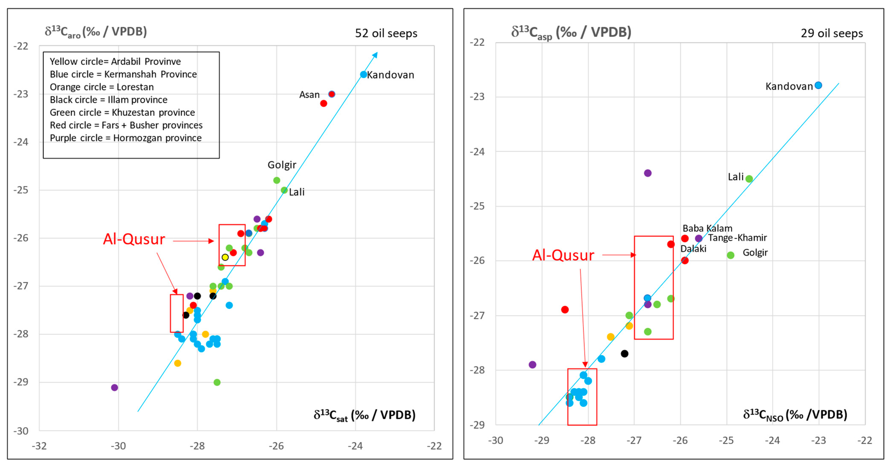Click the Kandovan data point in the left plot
(x=363, y=74)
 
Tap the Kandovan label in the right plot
(x=789, y=86)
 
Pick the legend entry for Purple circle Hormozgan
(x=125, y=138)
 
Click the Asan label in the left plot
(x=309, y=95)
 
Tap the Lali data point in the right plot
(x=749, y=179)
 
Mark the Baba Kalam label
(x=707, y=228)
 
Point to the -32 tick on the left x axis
(x=39, y=446)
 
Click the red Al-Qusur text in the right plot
(x=563, y=255)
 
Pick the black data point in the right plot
(x=624, y=354)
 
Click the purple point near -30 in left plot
(x=115, y=387)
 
